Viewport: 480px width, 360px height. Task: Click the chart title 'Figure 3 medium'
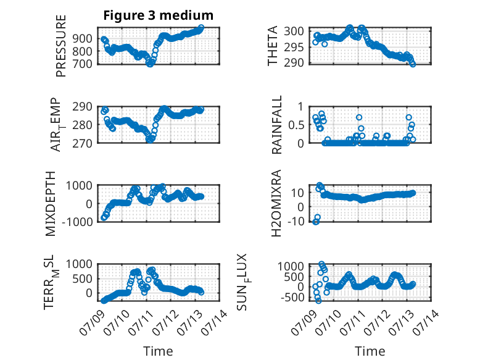click(159, 15)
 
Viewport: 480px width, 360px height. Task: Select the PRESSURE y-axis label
click(61, 46)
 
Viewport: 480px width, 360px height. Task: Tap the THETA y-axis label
click(273, 46)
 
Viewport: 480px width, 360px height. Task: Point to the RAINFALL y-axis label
click(276, 125)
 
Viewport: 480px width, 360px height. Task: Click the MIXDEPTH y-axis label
click(51, 204)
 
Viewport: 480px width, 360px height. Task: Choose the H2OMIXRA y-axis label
click(276, 203)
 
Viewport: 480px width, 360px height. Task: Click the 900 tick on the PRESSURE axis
click(82, 39)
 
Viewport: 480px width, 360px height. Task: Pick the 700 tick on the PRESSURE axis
click(82, 64)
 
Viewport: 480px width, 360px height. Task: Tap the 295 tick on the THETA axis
click(294, 47)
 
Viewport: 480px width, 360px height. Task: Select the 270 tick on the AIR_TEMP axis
click(82, 143)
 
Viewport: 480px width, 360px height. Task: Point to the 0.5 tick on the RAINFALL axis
click(296, 125)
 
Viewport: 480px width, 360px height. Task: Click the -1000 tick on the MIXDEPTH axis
click(77, 222)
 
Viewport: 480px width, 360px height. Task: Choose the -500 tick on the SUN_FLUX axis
click(291, 297)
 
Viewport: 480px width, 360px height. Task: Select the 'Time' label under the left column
click(159, 351)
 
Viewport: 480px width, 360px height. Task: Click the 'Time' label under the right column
click(370, 351)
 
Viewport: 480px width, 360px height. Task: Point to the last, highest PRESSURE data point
click(201, 28)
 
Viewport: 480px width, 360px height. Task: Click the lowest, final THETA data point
click(413, 64)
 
